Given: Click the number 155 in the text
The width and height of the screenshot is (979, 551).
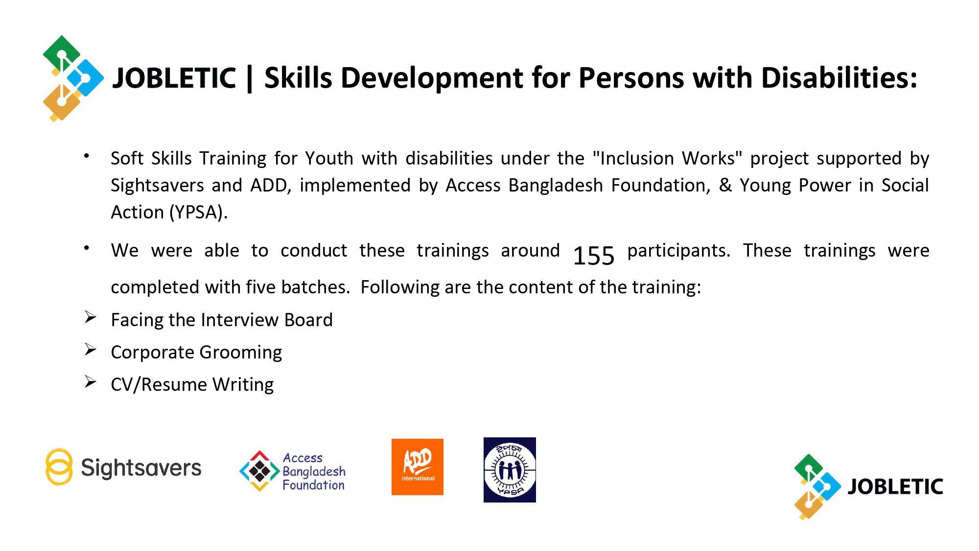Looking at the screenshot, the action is coord(593,256).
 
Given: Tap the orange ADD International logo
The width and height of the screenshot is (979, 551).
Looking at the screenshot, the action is coord(418,467).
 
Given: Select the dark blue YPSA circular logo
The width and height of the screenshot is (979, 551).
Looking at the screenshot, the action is coord(510,470).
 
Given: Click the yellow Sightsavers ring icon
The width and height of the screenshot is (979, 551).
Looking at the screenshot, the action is coord(59,467).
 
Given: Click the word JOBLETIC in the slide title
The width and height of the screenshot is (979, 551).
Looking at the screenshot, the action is coord(174,78).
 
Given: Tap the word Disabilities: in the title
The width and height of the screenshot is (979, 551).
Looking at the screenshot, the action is coord(839,78).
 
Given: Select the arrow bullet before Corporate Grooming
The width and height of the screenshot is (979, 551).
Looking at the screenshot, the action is coord(91,349).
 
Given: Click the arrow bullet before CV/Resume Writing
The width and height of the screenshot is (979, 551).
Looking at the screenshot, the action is coord(91,382).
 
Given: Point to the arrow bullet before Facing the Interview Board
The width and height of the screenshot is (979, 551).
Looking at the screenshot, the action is coord(91,317).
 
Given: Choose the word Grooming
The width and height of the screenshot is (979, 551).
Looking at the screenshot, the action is coord(241,353).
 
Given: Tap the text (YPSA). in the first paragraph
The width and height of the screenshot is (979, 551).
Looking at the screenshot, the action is coord(199,213).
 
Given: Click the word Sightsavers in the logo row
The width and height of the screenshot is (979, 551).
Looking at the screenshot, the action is coord(141,468).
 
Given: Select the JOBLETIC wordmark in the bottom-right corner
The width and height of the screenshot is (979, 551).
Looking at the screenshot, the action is coord(895,487).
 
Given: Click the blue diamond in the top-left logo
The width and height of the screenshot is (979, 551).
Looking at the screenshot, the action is coord(85,78).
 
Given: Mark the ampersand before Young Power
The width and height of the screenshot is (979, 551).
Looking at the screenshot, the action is coord(725,185).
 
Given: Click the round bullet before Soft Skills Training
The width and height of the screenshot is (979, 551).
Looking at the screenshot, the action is coord(87,156).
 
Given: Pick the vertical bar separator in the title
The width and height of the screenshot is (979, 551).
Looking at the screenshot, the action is coord(250,78).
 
